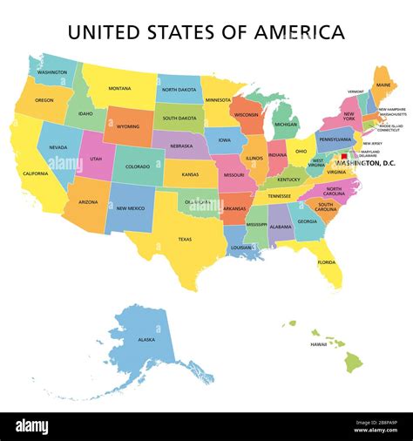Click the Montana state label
coord(119,88)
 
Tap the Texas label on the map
coord(185,238)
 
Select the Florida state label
coord(327,261)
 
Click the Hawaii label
coord(318,344)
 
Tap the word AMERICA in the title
coord(299,33)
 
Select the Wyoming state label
coord(128,126)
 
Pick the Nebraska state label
coord(180,146)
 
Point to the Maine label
coord(383,85)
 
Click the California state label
coord(36,173)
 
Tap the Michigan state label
coord(286,124)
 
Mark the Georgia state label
coord(307,220)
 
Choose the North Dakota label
coord(179,89)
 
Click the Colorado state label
coord(138,166)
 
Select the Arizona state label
coord(87,202)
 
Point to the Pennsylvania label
coord(335,139)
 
